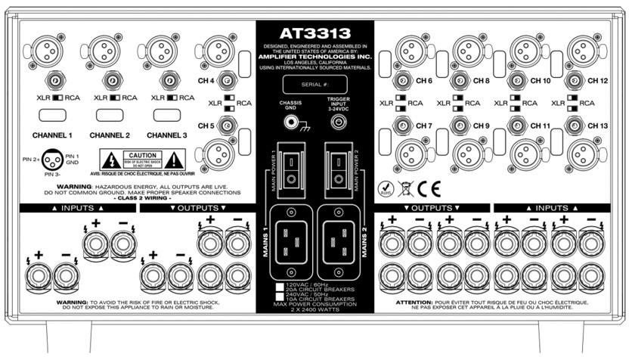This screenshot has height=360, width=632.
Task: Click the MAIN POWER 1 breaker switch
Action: tap(290, 170)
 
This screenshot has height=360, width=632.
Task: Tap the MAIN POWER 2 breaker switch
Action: tap(337, 170)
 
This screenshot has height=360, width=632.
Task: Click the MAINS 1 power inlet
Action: tap(290, 235)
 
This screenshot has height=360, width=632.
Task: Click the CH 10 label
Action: tap(541, 80)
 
